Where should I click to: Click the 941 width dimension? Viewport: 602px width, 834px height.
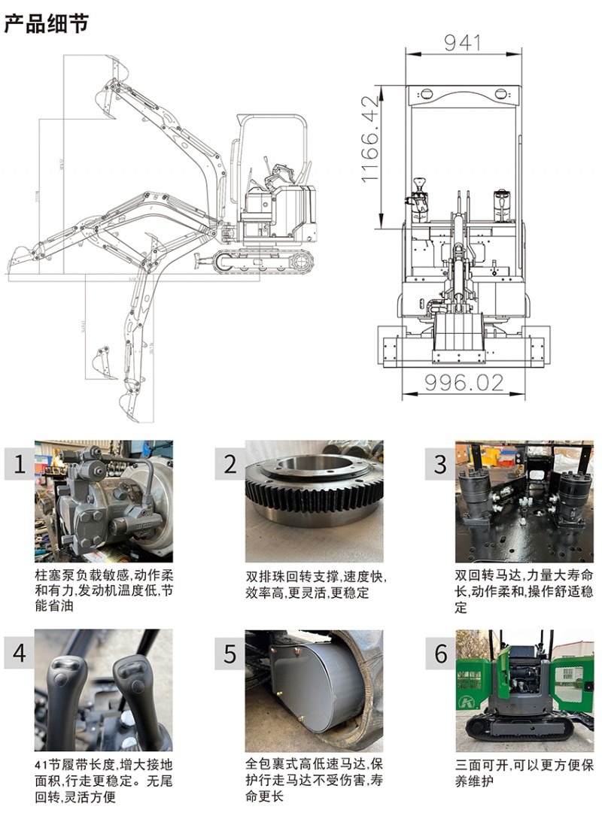coord(462,43)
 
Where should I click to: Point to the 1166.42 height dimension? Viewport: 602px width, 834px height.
coord(369,138)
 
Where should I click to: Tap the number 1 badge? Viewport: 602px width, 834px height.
coord(19,464)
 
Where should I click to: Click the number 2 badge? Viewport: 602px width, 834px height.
coord(230,464)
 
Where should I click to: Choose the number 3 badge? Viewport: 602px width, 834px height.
coord(440,464)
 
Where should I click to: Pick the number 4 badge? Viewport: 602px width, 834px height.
coord(19,653)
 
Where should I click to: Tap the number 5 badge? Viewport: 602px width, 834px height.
coord(230,653)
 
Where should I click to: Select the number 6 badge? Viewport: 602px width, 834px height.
coord(440,653)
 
